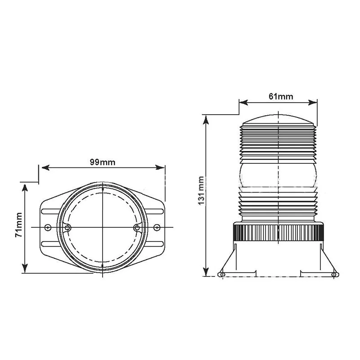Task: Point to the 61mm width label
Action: point(278,96)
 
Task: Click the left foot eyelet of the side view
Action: point(221,274)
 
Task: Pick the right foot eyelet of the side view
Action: point(333,274)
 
